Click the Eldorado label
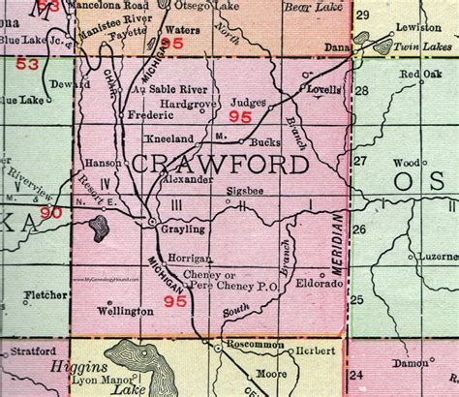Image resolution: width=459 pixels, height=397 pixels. pyautogui.click(x=322, y=288)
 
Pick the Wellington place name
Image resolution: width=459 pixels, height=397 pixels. pyautogui.click(x=125, y=312)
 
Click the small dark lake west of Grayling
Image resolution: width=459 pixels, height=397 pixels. pyautogui.click(x=98, y=229)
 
